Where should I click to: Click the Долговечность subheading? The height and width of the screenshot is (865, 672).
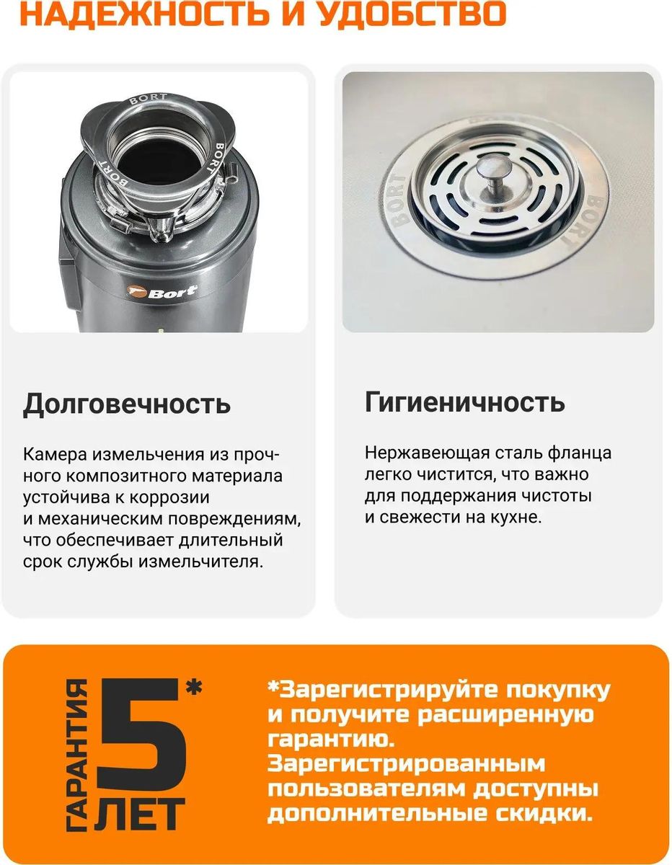coord(127,404)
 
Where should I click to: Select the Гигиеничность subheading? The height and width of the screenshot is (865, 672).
coord(465,402)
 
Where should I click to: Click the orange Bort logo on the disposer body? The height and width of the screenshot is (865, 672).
coord(162,292)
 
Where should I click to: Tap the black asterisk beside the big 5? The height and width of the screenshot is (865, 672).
coord(194,687)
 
